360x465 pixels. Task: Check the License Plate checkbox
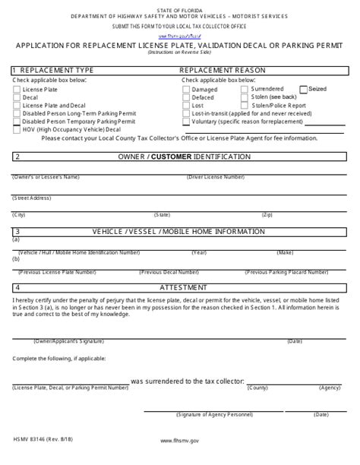17,90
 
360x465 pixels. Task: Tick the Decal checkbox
17,97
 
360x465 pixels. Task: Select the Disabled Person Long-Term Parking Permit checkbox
17,113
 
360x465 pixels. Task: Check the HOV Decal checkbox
17,129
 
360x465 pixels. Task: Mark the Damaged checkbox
186,90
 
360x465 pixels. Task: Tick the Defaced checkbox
186,97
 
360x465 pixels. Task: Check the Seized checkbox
304,89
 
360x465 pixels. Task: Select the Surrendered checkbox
245,89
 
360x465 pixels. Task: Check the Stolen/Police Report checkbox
245,105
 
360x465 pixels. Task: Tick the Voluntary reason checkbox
186,121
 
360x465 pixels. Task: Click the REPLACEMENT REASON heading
222,70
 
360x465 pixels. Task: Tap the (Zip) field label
267,215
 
